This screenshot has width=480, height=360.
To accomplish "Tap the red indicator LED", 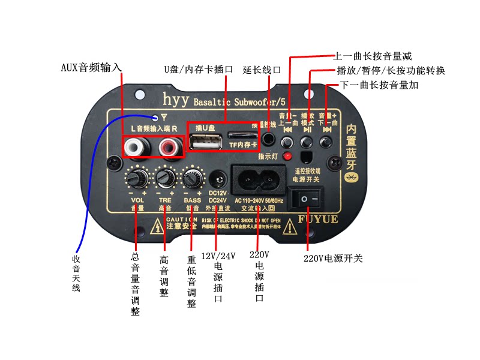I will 287,157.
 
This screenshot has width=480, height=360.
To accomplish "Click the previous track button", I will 288,142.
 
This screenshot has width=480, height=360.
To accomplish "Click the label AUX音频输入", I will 91,67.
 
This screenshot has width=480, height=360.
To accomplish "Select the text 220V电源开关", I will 333,259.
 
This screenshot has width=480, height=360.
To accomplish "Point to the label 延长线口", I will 262,69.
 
